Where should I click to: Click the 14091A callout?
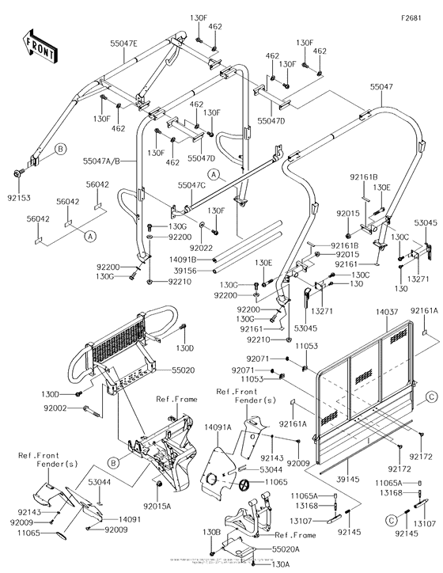coord(217,427)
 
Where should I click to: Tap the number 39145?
coord(356,480)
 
